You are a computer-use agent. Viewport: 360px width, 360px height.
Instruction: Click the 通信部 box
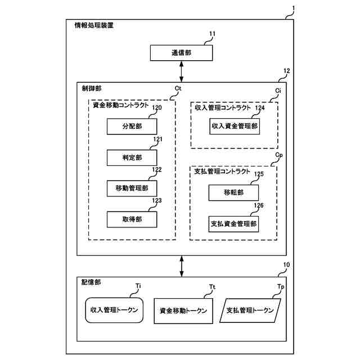[181, 53]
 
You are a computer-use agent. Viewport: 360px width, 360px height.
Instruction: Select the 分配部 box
[132, 127]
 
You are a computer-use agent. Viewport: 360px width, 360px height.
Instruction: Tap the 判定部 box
[132, 157]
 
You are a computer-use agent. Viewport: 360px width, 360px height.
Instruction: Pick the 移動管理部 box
[132, 188]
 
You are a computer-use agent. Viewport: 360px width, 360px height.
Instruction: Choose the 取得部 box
[132, 218]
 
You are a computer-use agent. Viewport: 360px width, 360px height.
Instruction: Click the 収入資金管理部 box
[235, 127]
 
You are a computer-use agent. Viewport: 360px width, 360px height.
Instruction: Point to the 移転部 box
[234, 192]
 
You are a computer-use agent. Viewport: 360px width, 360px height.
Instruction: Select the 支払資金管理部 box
[234, 224]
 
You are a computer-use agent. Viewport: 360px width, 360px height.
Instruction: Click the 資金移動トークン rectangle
[183, 310]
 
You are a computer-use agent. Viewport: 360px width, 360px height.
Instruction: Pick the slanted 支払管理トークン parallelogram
[249, 310]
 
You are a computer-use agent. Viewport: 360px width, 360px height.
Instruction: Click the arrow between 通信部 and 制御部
[182, 71]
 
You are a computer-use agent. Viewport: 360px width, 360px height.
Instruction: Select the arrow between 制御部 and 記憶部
[182, 265]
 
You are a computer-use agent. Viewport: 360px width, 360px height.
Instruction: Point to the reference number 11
[212, 34]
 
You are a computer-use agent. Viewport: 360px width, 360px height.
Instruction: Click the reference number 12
[287, 71]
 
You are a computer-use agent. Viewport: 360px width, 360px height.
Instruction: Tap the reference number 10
[287, 264]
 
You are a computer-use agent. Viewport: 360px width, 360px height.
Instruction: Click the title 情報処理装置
[93, 25]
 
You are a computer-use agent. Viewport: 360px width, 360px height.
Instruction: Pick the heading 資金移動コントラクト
[120, 105]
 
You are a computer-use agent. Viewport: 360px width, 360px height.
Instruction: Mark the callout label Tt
[212, 287]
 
